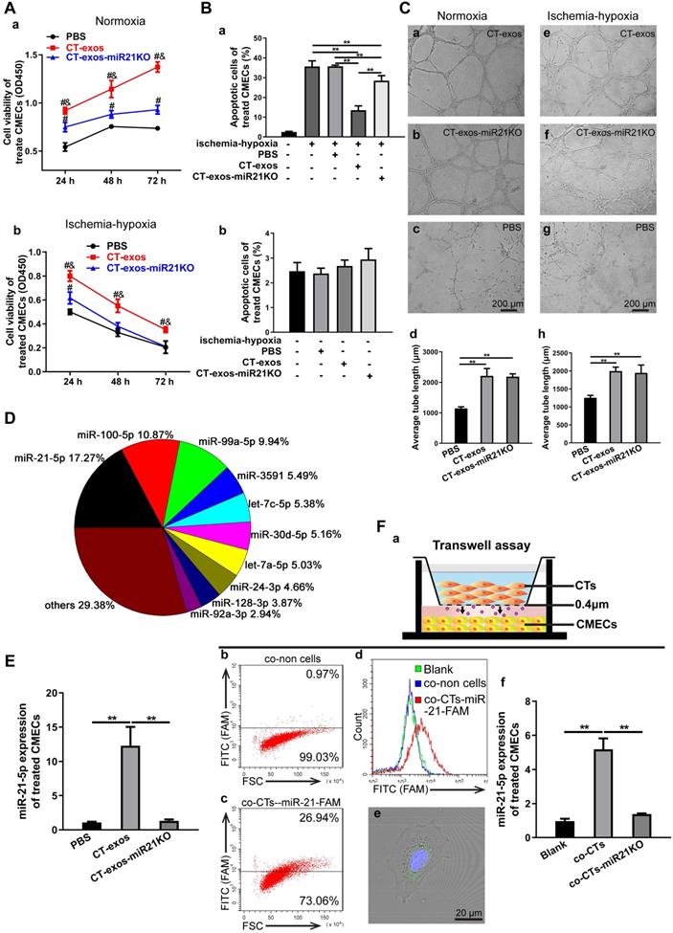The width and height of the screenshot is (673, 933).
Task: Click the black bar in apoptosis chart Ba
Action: [x=261, y=134]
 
